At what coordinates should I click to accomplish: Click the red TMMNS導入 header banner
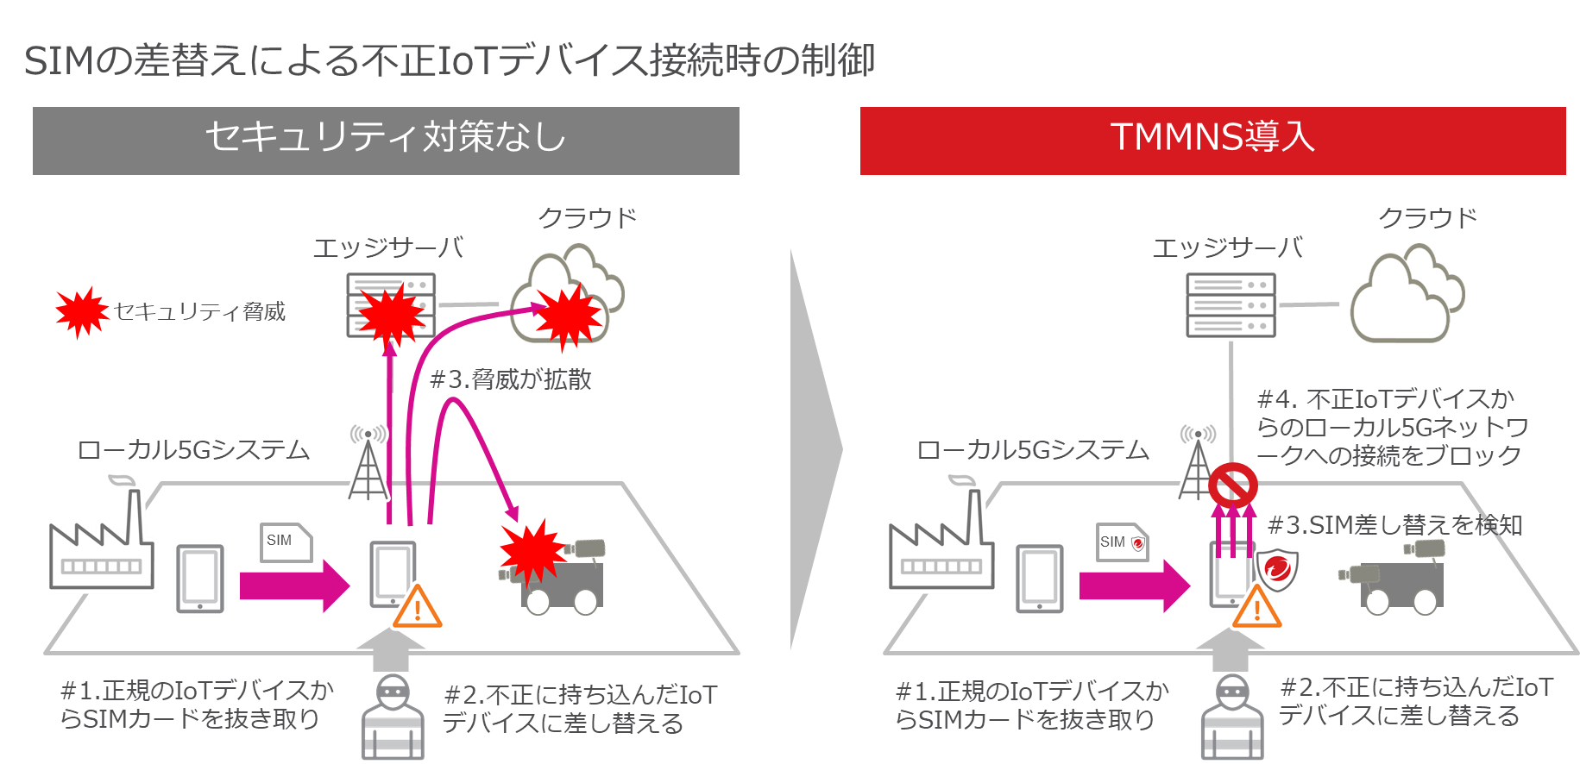(1212, 141)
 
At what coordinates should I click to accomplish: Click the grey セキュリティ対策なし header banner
(386, 141)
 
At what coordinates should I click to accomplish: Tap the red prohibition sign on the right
(1232, 485)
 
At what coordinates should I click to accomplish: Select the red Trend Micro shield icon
(1277, 570)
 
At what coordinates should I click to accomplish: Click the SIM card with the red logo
(1122, 542)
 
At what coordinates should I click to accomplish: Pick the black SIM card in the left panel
(285, 542)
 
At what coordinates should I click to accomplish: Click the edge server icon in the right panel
(1231, 305)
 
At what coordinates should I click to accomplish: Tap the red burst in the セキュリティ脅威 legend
(81, 311)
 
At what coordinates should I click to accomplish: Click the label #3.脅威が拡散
(510, 379)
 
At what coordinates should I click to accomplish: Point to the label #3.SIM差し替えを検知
(1394, 525)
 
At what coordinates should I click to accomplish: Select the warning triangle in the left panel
(418, 607)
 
